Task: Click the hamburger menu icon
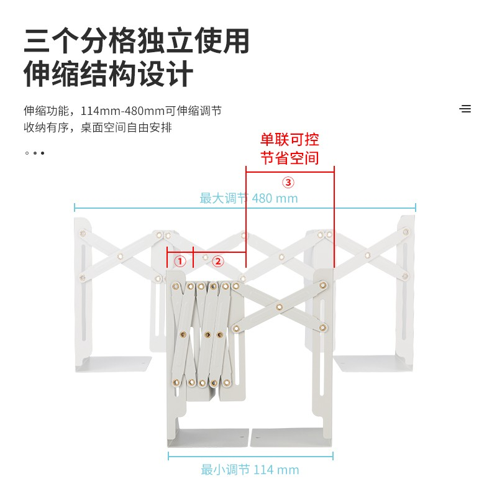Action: pyautogui.click(x=465, y=109)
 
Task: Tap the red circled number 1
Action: pyautogui.click(x=180, y=262)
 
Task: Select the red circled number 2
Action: pyautogui.click(x=218, y=262)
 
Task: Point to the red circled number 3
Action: pyautogui.click(x=288, y=182)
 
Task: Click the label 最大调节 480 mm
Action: pyautogui.click(x=249, y=198)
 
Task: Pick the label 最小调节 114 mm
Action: pyautogui.click(x=250, y=470)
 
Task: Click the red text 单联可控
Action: pyautogui.click(x=290, y=140)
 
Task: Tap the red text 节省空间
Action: pyautogui.click(x=290, y=158)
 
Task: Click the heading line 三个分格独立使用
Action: pyautogui.click(x=137, y=41)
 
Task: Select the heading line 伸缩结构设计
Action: pyautogui.click(x=108, y=74)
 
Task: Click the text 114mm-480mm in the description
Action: pyautogui.click(x=122, y=111)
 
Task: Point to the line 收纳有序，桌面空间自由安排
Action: pyautogui.click(x=98, y=127)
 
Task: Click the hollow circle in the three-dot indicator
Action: pyautogui.click(x=27, y=153)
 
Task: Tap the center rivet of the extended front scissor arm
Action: pyautogui.click(x=279, y=307)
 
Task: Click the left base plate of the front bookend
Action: pyautogui.click(x=208, y=437)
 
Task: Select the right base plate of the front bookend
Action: pyautogui.click(x=291, y=437)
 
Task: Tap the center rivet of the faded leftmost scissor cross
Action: pyautogui.click(x=120, y=256)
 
